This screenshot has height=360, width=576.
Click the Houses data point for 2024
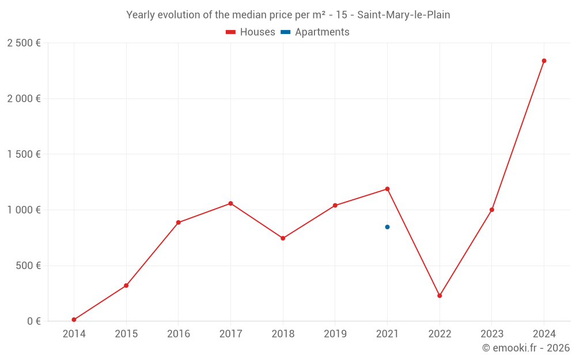pos(544,60)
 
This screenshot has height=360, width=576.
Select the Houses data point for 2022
pos(439,295)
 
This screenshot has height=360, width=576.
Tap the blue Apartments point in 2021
pos(387,227)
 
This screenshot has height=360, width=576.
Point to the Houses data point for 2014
pos(74,320)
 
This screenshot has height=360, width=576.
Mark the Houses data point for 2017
pos(230,203)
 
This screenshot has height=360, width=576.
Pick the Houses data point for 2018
pos(283,238)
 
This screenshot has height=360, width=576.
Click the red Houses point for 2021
pos(387,189)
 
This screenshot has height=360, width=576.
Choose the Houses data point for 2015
pos(126,286)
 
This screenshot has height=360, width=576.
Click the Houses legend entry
pos(251,32)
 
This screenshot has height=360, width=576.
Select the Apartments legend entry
pos(315,32)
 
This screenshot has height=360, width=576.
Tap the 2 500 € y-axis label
pos(24,43)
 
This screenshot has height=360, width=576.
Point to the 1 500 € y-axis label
pos(24,154)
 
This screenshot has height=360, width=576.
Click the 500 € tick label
pos(28,266)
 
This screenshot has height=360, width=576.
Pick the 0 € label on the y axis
pos(33,321)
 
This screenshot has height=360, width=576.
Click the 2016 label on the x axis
pos(179,334)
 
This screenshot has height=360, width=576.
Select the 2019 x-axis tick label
pos(335,334)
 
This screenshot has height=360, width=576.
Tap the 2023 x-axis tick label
pos(491,334)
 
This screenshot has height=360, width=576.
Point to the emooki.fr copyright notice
pos(526,348)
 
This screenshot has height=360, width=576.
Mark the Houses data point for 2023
pos(491,210)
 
